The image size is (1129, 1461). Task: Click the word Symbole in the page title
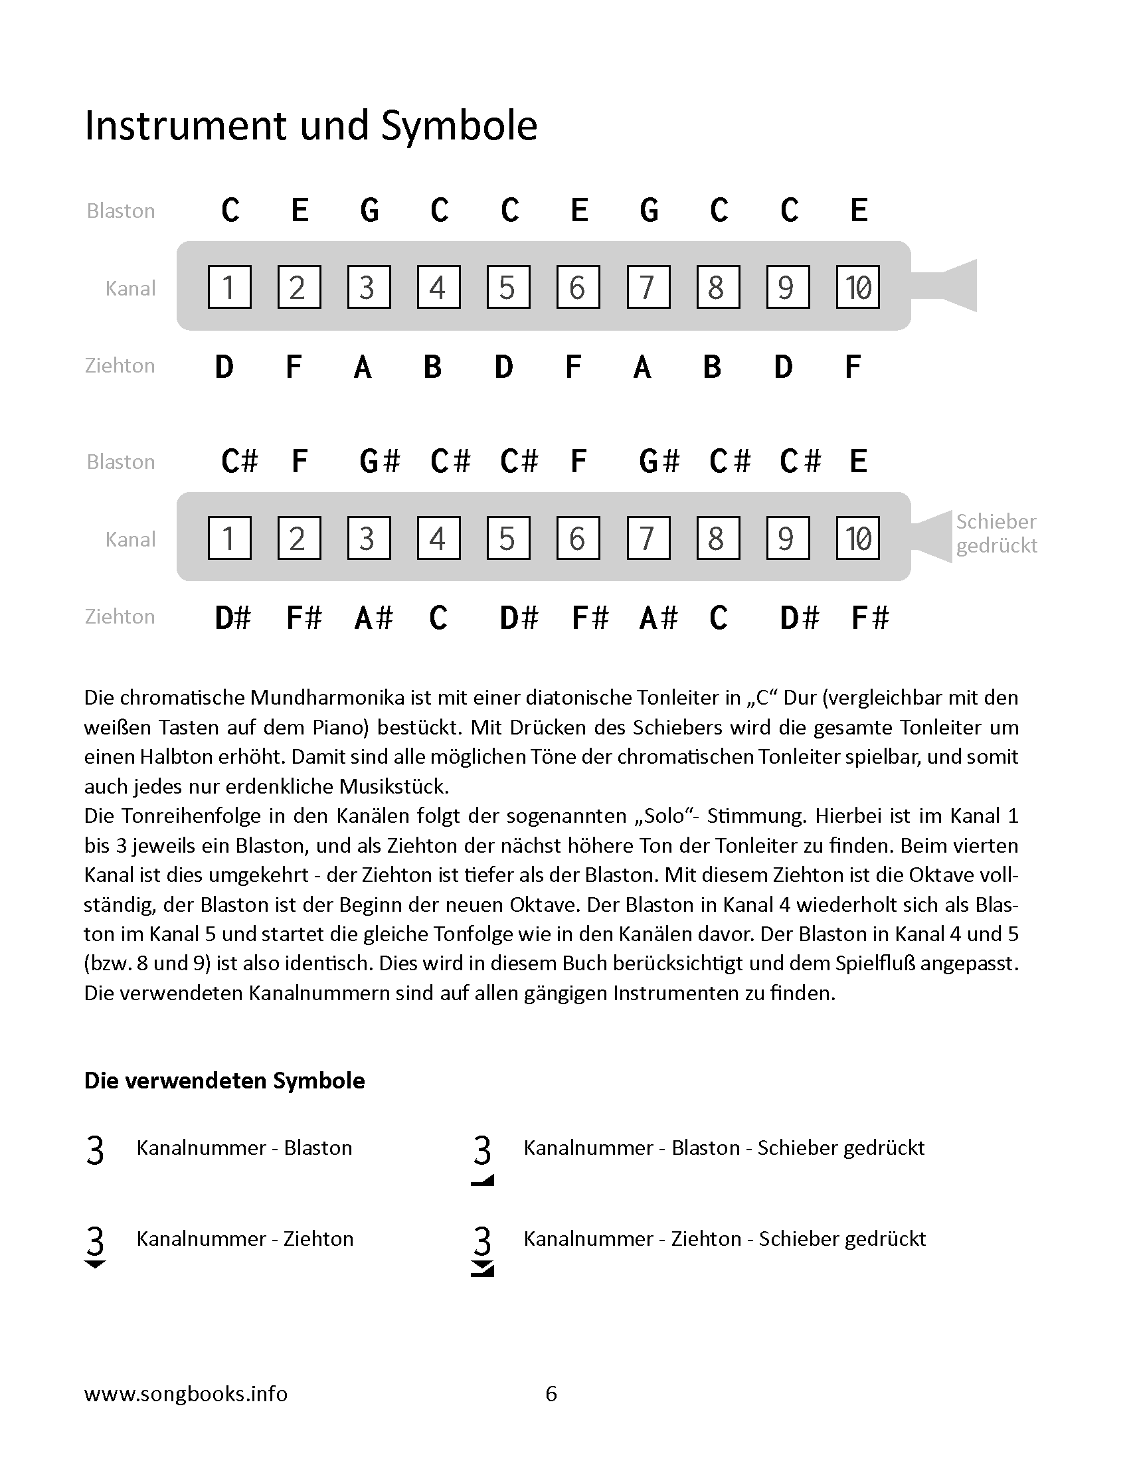459,126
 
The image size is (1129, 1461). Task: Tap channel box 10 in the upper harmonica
857,287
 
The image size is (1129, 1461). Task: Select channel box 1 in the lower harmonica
229,538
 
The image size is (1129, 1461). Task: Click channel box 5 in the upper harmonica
508,287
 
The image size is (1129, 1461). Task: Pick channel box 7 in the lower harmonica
648,538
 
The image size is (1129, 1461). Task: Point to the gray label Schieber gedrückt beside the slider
996,533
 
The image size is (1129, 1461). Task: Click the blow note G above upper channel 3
370,210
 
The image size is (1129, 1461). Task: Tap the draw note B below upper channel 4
433,367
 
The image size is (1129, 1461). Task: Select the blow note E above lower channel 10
859,461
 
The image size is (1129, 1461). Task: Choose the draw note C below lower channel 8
719,618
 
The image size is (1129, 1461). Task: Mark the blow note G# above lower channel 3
379,461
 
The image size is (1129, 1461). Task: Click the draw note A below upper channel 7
642,367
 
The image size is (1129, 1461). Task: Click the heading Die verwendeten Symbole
224,1080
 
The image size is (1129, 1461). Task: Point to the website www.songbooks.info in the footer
185,1393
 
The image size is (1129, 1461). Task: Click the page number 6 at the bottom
551,1393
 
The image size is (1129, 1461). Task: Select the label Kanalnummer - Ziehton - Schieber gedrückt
725,1239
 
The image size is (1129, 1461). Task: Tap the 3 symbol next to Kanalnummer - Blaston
96,1151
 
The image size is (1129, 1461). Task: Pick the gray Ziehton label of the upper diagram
120,365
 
